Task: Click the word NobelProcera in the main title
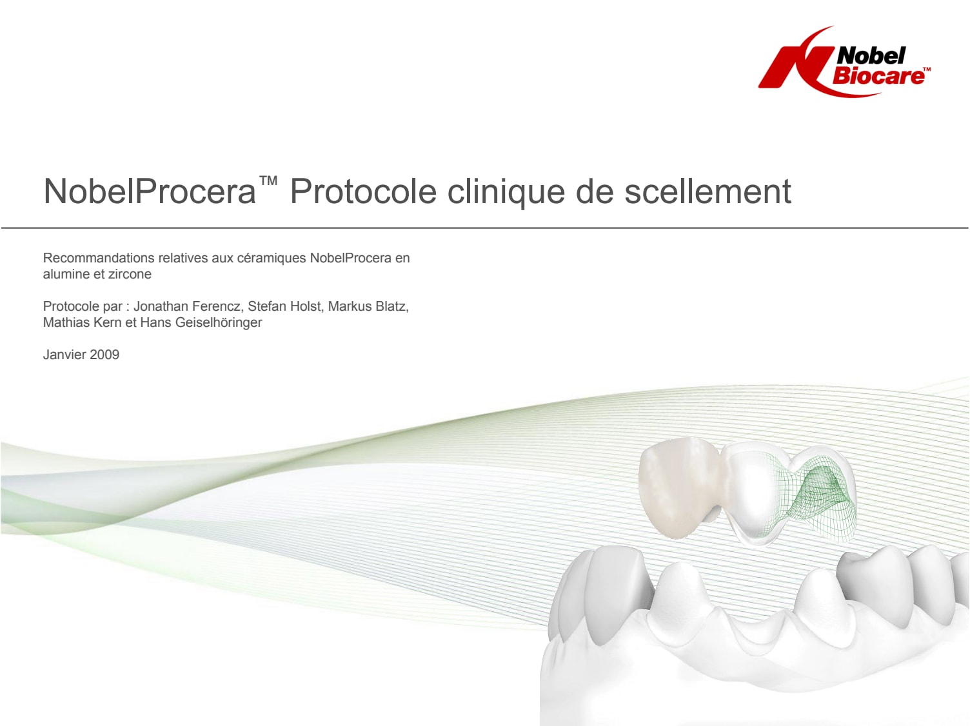150,191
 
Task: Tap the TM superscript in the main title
268,181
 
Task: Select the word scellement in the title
708,191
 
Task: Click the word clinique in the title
506,192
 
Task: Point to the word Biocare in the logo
878,76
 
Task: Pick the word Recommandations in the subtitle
99,258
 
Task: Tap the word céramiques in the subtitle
272,259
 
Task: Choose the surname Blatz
391,306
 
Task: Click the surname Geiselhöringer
218,323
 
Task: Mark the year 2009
104,355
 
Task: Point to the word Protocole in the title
363,191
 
